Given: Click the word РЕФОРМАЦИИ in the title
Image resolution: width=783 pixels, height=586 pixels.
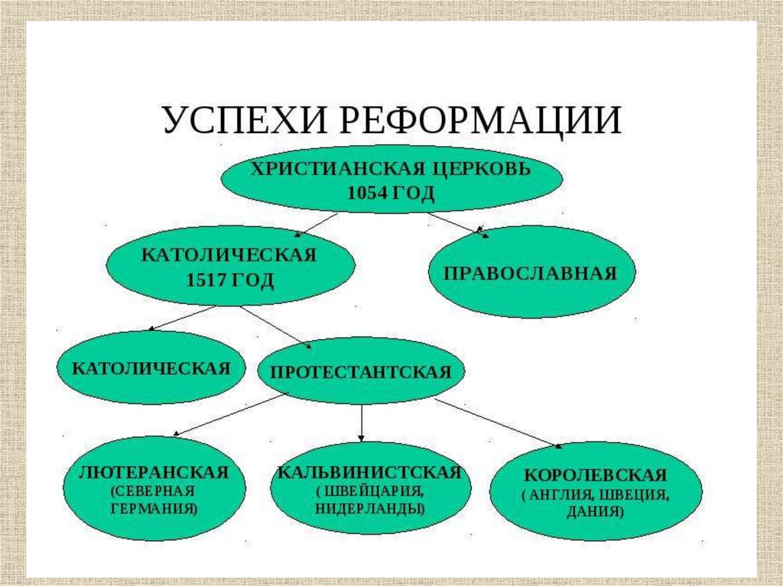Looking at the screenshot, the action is coord(482,121).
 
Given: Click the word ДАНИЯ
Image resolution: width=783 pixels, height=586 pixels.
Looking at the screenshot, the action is coord(596,513).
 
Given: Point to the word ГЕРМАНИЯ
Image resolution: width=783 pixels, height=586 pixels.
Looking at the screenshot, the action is coord(154,507).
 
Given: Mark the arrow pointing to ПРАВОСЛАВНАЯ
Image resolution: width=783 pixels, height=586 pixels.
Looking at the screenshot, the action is coord(457,225).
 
